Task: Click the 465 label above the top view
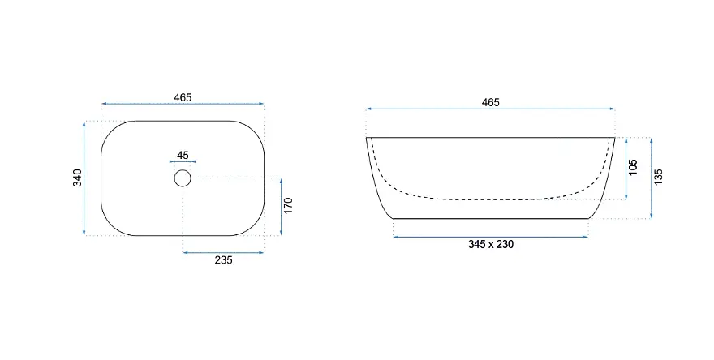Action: coord(183,97)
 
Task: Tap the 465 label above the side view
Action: coord(490,102)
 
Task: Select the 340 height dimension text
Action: coord(78,178)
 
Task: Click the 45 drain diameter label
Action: coord(183,155)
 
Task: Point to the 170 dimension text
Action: coord(288,206)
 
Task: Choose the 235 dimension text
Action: coord(224,260)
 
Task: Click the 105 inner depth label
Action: coord(633,167)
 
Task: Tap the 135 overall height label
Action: coord(659,177)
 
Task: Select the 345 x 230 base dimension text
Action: coord(491,244)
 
